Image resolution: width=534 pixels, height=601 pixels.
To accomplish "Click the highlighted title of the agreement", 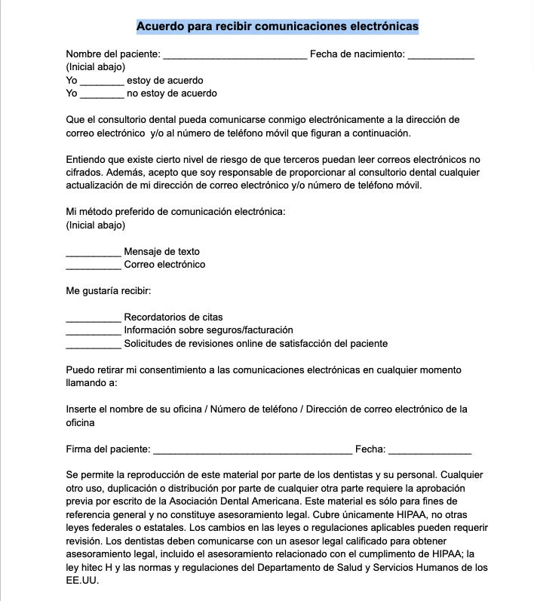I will tap(277, 26).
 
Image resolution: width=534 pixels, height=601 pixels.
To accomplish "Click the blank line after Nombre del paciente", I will tap(235, 56).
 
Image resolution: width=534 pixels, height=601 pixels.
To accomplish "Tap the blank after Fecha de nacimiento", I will tap(440, 56).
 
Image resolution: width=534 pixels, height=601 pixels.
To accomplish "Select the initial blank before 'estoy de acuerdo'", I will tap(102, 81).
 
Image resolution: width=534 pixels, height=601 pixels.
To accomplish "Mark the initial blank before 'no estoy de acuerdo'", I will tap(102, 94).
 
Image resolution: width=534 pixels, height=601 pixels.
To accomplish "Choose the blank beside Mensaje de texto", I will tap(94, 253).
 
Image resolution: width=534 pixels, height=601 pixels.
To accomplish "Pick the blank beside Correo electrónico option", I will tap(94, 265).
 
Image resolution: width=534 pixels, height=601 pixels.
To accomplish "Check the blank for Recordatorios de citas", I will tap(94, 318).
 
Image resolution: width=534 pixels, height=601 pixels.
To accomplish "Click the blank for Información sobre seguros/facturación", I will tap(94, 331).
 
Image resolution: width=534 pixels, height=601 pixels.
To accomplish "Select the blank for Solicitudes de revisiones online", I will tap(94, 345).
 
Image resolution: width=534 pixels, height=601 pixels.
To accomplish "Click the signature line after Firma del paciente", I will tap(252, 451).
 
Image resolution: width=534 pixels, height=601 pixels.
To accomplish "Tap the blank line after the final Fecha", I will tap(430, 451).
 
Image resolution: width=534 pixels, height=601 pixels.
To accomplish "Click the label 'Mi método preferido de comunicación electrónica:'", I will tap(176, 212).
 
